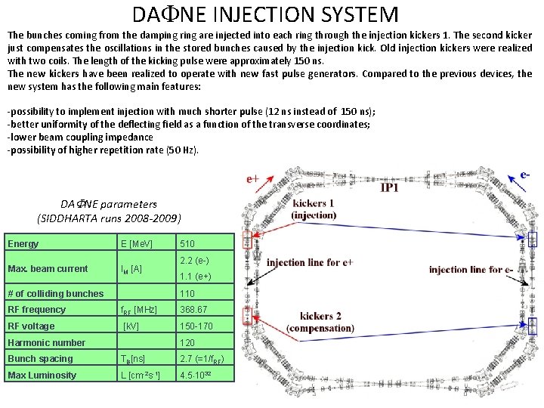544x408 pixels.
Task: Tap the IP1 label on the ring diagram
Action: (x=396, y=187)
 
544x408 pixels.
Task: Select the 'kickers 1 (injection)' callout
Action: (x=314, y=209)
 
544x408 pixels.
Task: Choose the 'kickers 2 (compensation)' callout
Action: (x=326, y=322)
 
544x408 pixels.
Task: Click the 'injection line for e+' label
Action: (x=311, y=263)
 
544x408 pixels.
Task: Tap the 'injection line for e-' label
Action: (x=471, y=270)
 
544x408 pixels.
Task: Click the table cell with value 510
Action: (x=187, y=244)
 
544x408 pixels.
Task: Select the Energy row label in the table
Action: (x=23, y=243)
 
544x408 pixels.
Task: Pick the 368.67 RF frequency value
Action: (x=193, y=310)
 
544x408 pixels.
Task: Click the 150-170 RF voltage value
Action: (x=196, y=326)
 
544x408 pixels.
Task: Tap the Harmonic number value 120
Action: (x=187, y=343)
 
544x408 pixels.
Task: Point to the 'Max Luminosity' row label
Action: (x=42, y=376)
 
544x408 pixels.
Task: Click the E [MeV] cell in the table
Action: (x=137, y=244)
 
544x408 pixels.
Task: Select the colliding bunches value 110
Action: (x=187, y=294)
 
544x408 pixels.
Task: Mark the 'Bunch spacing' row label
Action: (x=40, y=359)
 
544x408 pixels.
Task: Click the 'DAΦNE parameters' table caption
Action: (x=109, y=204)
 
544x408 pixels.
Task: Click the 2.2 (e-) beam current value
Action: (x=193, y=261)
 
